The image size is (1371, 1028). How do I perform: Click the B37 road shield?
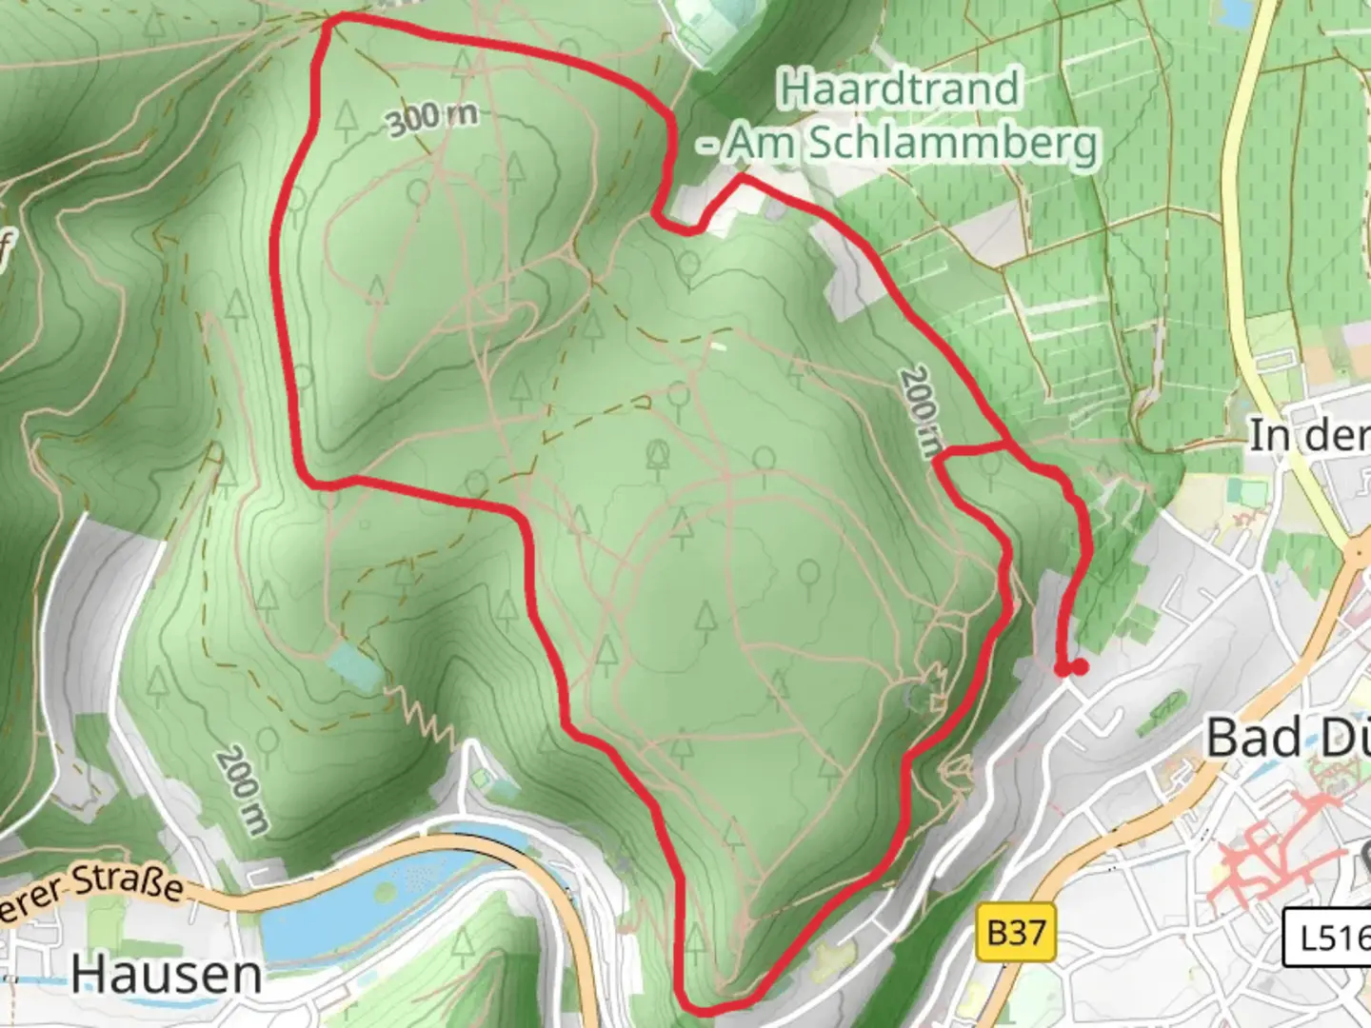click(x=1016, y=932)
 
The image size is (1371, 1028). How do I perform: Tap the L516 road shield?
click(x=1328, y=938)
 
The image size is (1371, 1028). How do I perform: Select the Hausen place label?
click(x=167, y=975)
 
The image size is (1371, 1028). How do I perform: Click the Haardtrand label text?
click(x=899, y=89)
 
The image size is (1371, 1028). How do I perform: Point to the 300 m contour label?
click(x=431, y=118)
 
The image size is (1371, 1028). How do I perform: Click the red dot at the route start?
click(x=1079, y=667)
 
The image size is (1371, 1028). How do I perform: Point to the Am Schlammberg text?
click(x=910, y=145)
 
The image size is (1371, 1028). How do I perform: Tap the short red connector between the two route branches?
click(x=971, y=450)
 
